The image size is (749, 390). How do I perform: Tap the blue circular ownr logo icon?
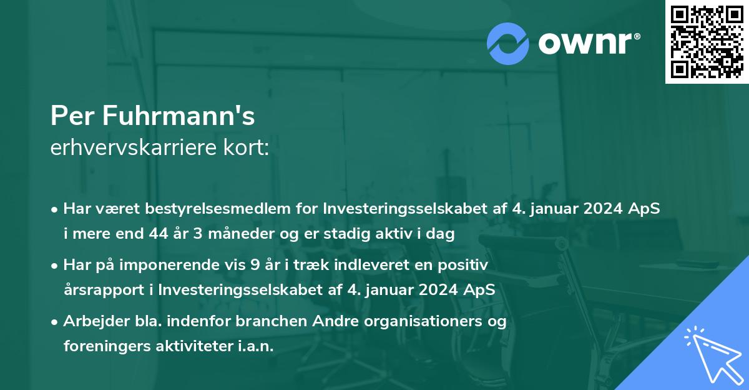click(x=508, y=44)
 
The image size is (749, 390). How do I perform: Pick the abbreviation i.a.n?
click(x=255, y=346)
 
